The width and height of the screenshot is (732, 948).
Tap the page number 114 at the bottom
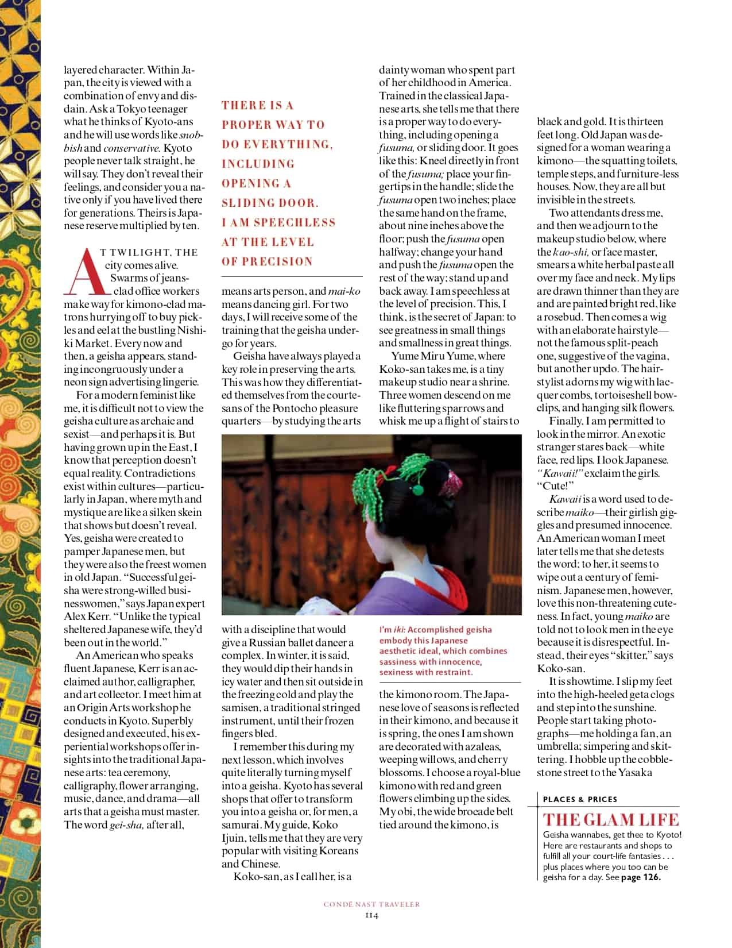click(371, 915)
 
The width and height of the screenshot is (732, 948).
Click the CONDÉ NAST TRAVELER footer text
click(371, 904)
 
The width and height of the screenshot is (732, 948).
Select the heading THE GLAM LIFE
click(611, 820)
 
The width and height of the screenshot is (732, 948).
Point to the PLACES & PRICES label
click(580, 799)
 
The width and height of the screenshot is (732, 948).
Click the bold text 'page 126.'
click(641, 877)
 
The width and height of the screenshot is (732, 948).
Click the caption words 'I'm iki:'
click(392, 630)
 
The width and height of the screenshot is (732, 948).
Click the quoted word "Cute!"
click(551, 486)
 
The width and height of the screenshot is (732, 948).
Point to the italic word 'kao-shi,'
click(571, 252)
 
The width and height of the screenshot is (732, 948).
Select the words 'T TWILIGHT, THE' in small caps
click(149, 252)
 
